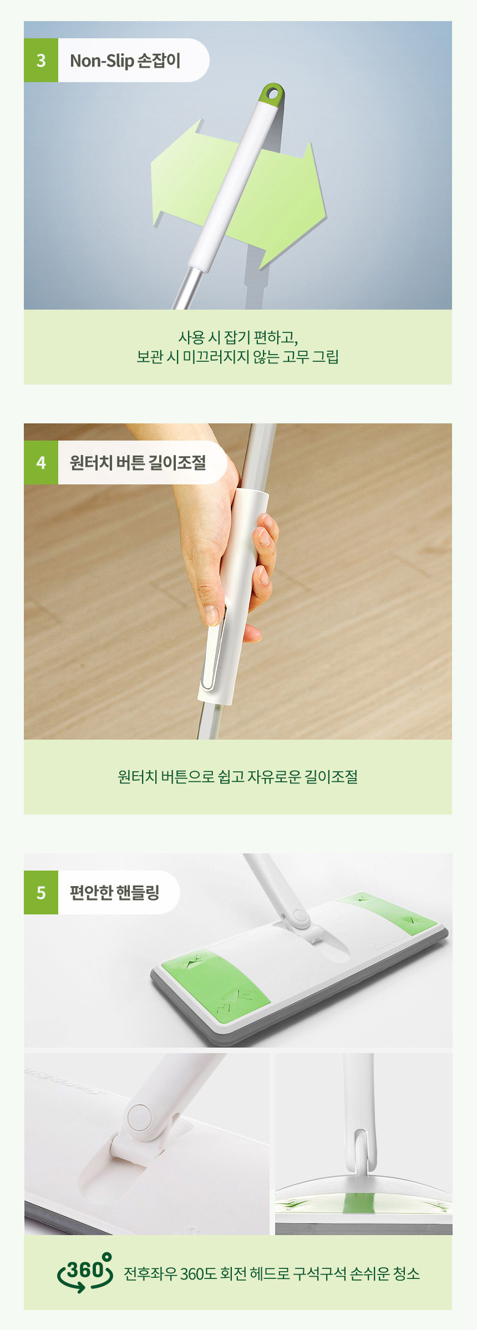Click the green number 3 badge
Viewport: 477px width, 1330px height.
(41, 60)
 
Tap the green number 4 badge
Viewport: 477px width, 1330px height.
(41, 463)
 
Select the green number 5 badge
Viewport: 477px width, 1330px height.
(41, 892)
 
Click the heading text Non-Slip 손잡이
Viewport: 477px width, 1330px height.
(125, 60)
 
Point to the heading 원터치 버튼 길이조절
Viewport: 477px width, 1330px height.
(138, 462)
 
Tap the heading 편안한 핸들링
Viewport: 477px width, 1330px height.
(115, 892)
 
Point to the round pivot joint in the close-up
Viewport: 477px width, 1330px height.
(139, 1116)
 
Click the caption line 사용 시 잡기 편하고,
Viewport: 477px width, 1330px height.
(238, 337)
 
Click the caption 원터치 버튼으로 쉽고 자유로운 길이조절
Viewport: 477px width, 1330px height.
(238, 776)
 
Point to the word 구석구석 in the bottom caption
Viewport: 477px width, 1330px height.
(319, 1273)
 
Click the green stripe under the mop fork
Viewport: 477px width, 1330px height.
(359, 1202)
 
